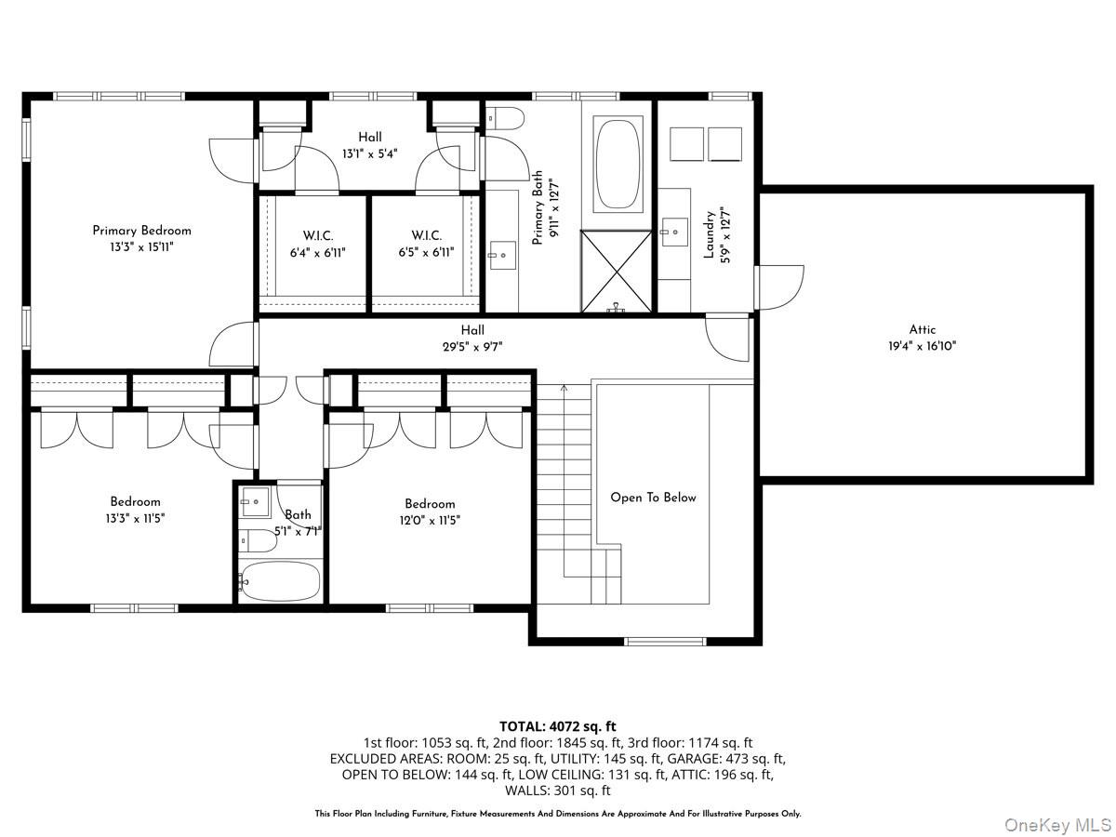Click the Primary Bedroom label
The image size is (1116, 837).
click(x=141, y=231)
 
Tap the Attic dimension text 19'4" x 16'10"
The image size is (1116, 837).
click(x=922, y=345)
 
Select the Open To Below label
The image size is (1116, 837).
click(x=653, y=498)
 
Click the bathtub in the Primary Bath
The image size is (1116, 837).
click(x=618, y=164)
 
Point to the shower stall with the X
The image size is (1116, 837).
click(x=618, y=271)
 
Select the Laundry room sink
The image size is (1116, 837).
click(x=673, y=232)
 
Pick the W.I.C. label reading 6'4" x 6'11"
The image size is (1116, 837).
click(x=317, y=244)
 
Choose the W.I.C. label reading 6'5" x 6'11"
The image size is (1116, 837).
click(x=426, y=244)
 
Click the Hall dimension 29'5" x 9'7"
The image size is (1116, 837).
click(x=472, y=346)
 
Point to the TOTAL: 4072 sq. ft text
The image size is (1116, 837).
click(x=558, y=726)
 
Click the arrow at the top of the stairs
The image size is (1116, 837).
click(x=564, y=389)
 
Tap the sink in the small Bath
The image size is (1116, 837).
click(x=254, y=502)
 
